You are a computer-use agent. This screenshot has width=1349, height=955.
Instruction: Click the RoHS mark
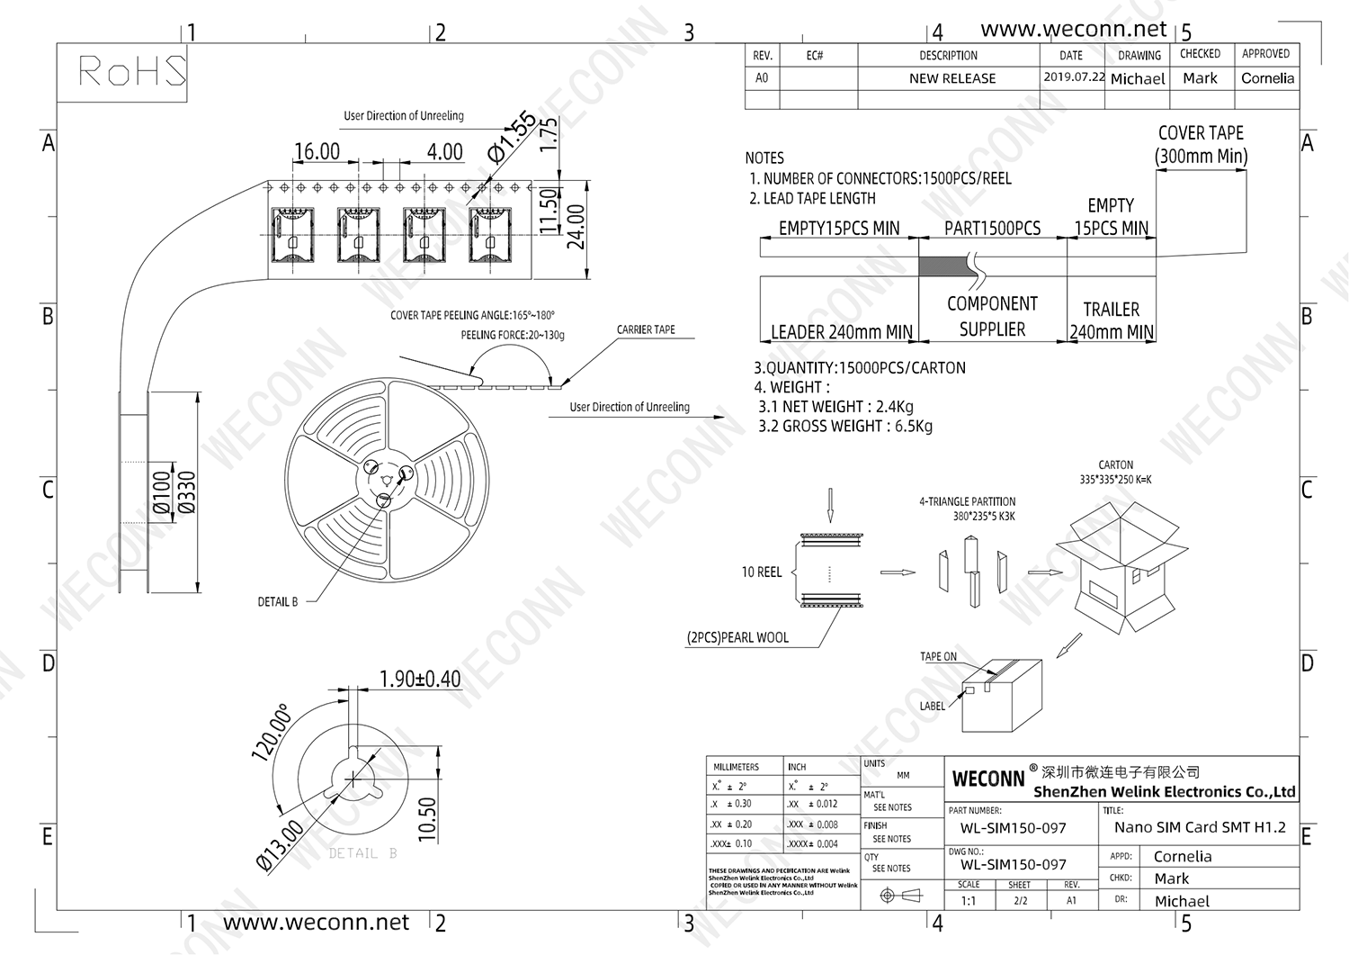131,71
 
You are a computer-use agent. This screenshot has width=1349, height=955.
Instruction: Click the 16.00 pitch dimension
317,151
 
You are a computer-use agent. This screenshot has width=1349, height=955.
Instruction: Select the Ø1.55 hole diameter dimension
513,136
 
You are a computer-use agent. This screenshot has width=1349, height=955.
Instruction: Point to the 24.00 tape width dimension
576,226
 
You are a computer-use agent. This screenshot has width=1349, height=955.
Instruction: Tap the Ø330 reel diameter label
187,493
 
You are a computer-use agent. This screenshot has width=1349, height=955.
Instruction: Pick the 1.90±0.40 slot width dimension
420,679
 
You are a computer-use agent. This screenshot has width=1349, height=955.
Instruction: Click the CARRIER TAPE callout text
646,329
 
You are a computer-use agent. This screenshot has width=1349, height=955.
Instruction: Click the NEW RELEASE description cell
952,78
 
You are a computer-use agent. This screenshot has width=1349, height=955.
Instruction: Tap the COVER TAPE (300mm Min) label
1201,145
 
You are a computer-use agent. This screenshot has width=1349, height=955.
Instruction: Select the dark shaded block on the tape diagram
943,266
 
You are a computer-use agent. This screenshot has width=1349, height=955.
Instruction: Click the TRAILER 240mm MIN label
1112,320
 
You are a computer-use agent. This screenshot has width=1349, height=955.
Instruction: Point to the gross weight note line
844,427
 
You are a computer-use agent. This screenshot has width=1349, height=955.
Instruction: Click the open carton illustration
1124,567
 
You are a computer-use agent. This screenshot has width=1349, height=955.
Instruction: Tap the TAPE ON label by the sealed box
938,657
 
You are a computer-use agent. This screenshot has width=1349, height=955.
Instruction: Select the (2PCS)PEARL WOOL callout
737,637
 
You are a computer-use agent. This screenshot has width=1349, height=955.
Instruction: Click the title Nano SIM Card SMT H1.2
1200,827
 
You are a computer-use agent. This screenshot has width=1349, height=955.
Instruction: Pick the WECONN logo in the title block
987,779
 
